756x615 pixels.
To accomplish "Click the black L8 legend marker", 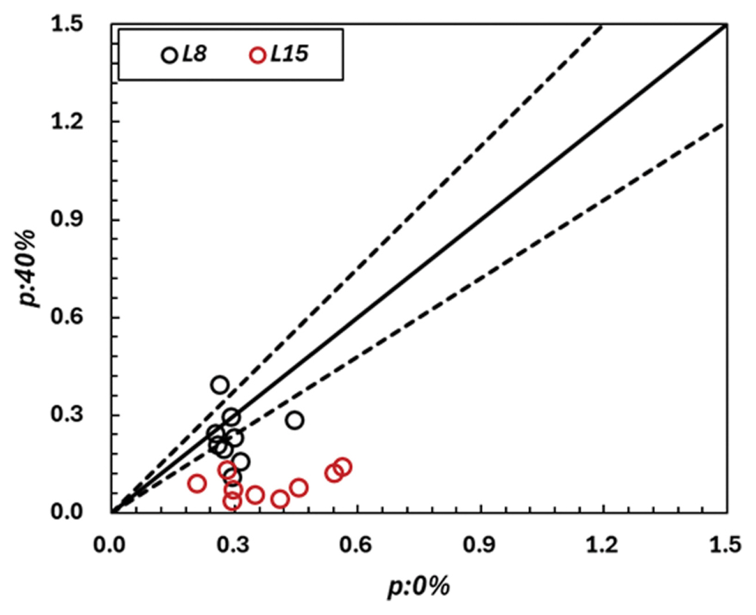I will coord(169,55).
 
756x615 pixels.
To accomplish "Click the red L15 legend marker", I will coord(257,55).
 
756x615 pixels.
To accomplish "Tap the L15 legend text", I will coord(289,54).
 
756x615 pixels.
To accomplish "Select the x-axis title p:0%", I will coord(418,586).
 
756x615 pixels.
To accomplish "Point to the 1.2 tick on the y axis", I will coord(67,122).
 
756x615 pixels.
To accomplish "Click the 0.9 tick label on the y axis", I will coord(67,219).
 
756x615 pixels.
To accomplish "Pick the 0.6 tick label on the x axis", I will coord(356,545).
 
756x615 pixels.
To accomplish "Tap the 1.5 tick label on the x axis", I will coord(725,545).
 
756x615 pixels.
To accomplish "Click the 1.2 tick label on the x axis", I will coord(602,545).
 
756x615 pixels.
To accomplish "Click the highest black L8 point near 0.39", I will coord(220,385).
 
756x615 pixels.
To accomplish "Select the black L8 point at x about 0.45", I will coord(295,420).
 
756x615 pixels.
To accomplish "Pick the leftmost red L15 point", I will coord(197,484).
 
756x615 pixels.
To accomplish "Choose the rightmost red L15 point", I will coord(343,467).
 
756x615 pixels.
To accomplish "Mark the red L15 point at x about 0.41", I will coord(280,499).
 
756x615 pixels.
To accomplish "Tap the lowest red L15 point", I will coord(232,501).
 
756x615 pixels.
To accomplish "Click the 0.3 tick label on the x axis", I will coord(233,545).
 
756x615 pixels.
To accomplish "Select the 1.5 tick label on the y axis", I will coord(67,24).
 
